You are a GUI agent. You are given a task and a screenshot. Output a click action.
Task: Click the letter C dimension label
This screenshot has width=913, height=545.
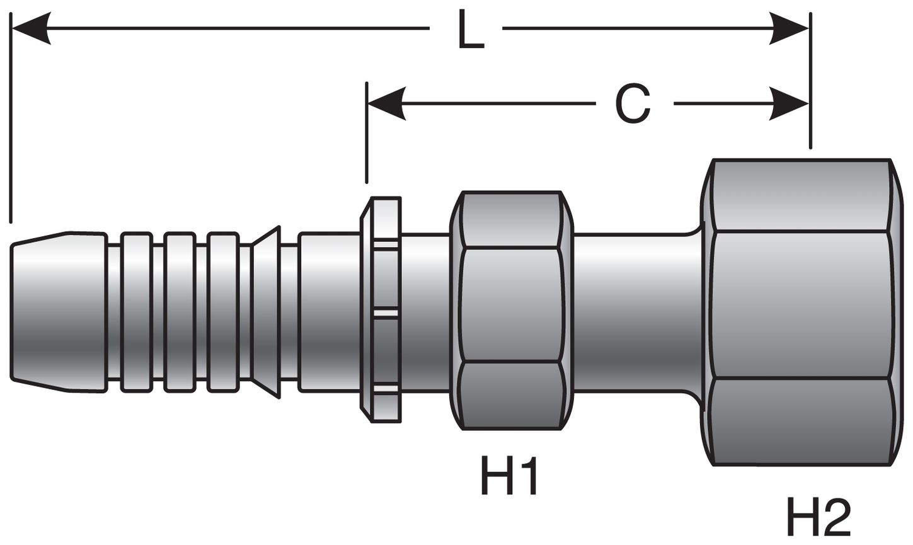[633, 105]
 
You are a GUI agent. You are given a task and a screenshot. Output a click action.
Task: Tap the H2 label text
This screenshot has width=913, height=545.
[818, 517]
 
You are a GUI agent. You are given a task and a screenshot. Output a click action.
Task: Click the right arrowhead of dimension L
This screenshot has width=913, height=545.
[790, 28]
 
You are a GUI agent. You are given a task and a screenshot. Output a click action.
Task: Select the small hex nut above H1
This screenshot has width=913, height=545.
[511, 311]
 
